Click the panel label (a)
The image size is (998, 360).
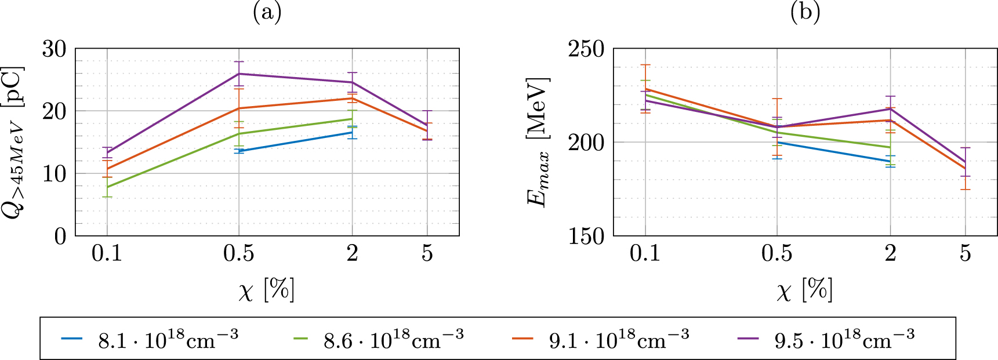(x=267, y=12)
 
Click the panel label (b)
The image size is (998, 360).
(x=805, y=12)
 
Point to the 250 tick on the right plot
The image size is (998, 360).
(x=586, y=49)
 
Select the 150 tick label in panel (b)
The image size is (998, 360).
(x=586, y=236)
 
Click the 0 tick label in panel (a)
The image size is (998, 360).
(x=61, y=236)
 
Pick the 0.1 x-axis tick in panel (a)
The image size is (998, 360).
(x=107, y=254)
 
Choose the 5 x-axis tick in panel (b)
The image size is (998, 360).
(x=966, y=254)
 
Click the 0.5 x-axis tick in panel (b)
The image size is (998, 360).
(x=777, y=254)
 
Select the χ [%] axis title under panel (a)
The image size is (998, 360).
(x=267, y=289)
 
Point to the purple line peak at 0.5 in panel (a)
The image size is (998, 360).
(x=239, y=74)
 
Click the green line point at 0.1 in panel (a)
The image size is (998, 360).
(x=107, y=187)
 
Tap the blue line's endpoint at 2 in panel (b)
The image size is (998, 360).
(x=890, y=162)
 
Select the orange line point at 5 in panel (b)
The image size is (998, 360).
(x=966, y=169)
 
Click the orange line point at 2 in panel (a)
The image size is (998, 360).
(x=352, y=99)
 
